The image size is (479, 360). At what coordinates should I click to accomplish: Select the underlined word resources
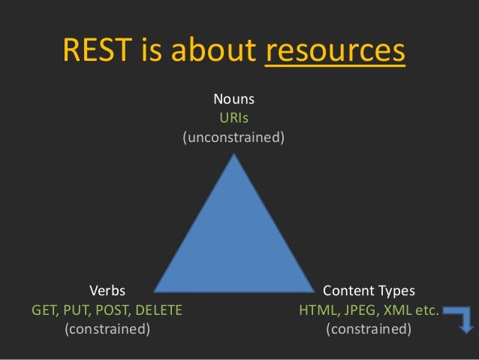(x=335, y=51)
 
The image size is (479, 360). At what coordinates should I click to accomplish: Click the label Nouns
(x=233, y=99)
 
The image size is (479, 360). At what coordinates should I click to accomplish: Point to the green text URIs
(x=233, y=118)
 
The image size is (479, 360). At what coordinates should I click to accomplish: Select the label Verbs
(x=107, y=290)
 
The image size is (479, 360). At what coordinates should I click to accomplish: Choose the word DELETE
(x=158, y=309)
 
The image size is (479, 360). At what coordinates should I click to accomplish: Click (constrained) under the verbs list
(x=107, y=328)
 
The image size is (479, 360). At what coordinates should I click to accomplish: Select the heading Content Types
(x=369, y=290)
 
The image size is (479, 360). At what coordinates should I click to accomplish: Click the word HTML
(x=316, y=309)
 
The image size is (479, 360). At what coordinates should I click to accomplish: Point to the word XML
(x=393, y=309)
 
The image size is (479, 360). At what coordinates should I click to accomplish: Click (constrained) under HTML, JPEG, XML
(x=369, y=328)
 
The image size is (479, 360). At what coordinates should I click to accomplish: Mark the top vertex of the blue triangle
(x=234, y=155)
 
